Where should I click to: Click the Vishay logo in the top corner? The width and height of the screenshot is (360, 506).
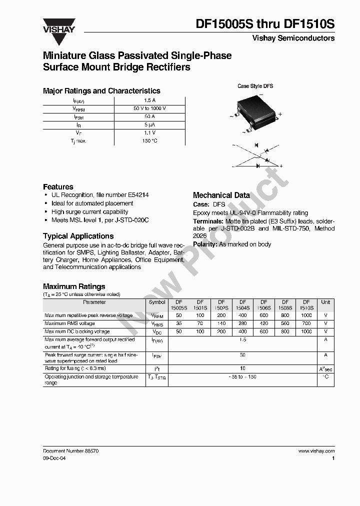point(58,26)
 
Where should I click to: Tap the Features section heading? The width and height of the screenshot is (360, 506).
point(58,186)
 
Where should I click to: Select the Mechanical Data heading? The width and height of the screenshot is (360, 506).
point(221,195)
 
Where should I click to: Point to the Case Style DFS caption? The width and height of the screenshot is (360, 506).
point(255,86)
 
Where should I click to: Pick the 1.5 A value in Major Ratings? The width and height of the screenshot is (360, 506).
point(149,100)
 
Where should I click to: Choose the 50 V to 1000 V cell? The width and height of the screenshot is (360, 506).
point(149,108)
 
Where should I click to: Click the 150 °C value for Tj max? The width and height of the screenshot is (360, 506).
point(149,141)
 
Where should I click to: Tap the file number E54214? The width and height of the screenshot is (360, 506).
point(137,195)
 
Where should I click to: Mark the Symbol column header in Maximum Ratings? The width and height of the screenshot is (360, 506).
point(157,302)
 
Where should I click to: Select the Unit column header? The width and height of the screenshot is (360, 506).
point(325,302)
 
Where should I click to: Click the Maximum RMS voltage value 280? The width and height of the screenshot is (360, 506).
point(242,323)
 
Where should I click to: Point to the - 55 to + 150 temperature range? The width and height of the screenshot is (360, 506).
point(242,376)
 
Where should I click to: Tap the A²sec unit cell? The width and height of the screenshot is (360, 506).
point(325,368)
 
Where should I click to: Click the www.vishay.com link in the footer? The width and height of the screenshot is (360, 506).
point(316,450)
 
